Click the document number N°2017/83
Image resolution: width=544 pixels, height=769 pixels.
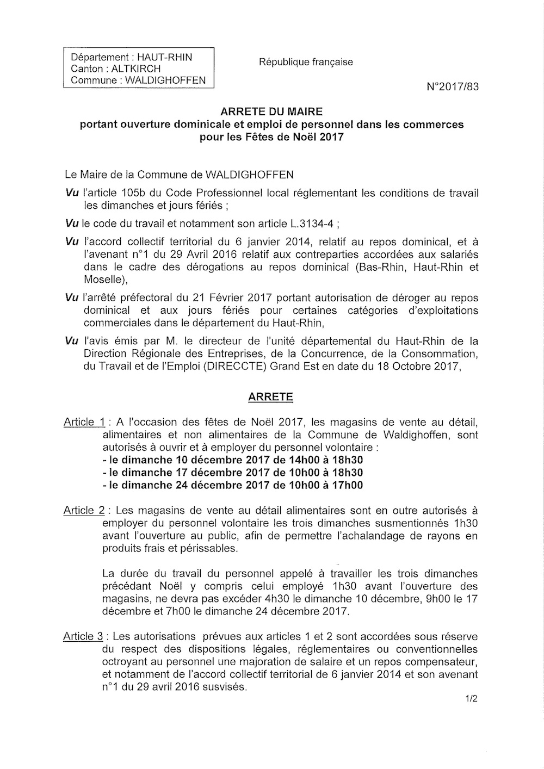453,86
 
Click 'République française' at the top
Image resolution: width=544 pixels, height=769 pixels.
306,62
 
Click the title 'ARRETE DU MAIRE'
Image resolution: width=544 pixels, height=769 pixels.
271,112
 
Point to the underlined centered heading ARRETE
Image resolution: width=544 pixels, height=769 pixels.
270,397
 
